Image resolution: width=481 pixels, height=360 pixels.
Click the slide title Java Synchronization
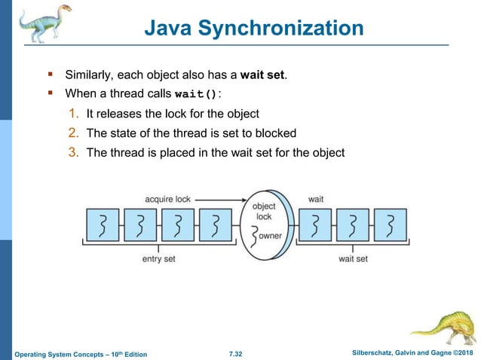pos(253,29)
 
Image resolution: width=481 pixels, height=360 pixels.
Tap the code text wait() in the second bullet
pos(195,95)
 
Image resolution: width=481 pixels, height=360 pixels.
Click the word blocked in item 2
pos(274,133)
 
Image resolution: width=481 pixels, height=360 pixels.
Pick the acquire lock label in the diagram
pos(167,200)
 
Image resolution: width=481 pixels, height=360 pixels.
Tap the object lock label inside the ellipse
pos(263,211)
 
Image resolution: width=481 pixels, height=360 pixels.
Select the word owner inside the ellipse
pos(271,236)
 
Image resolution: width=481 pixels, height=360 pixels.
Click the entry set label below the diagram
pos(159,258)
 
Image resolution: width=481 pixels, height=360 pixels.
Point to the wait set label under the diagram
pos(352,258)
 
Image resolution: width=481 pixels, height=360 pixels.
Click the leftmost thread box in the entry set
pos(102,225)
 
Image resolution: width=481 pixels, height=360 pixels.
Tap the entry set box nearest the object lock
pos(217,225)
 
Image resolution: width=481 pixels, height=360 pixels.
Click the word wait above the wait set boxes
pos(316,200)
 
